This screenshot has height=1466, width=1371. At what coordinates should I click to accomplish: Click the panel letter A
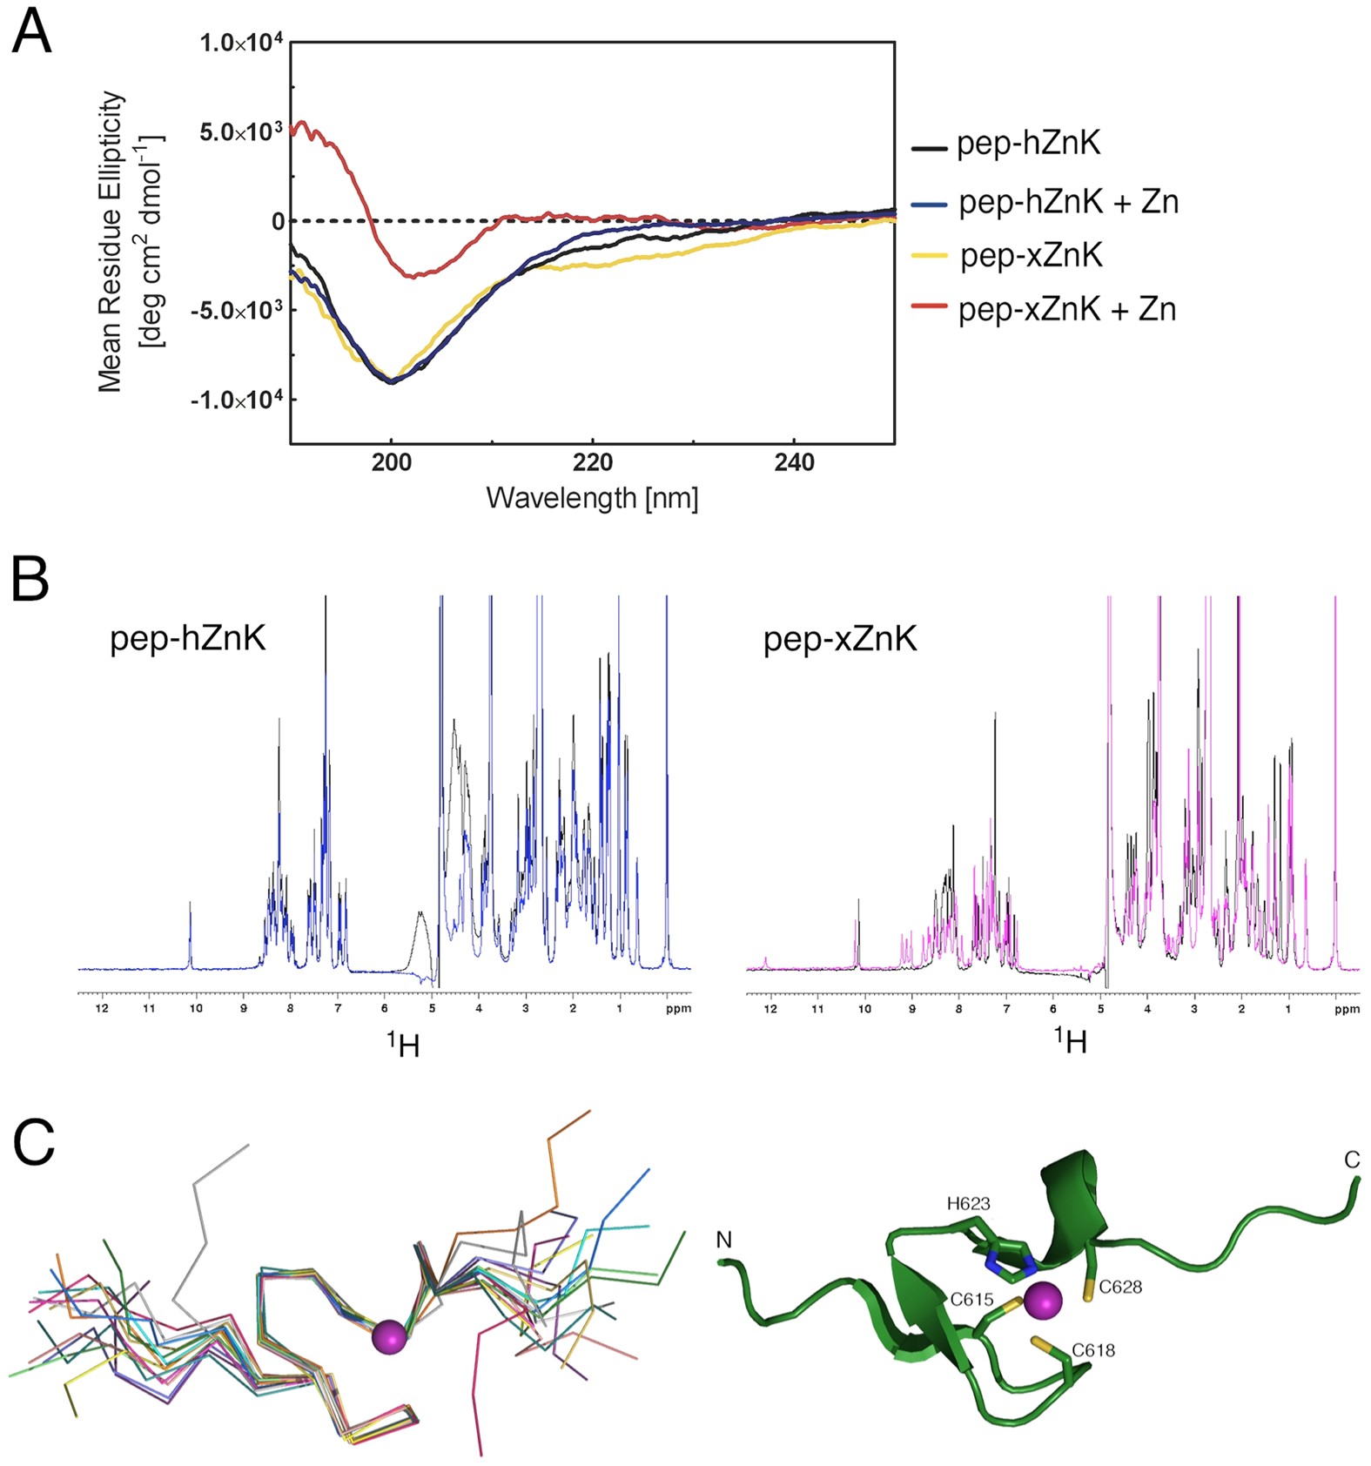point(31,33)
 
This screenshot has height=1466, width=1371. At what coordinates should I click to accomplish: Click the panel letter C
point(34,1142)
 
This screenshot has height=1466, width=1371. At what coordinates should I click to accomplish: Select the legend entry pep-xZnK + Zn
point(1066,309)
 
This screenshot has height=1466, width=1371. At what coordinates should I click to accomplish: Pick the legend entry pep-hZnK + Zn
point(1068,202)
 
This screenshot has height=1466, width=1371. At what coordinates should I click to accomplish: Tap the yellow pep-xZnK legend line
point(929,256)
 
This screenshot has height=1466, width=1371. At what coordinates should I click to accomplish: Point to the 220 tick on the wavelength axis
point(593,462)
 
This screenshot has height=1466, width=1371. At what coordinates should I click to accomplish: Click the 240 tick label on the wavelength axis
point(794,462)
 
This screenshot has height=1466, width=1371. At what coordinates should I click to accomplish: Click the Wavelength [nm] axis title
point(592,498)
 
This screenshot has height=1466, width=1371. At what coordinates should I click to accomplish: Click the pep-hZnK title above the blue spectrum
point(187,639)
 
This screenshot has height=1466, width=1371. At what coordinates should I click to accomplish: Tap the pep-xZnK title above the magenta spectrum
point(840,639)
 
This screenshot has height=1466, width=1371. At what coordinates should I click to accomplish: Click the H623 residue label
point(969,1204)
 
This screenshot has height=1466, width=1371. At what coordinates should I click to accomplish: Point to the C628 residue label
point(1120,1287)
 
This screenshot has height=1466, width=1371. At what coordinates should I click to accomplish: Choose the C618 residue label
point(1093,1350)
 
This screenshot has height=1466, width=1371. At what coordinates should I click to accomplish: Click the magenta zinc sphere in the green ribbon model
point(1043,1302)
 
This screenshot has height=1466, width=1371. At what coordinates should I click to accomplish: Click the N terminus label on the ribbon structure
point(724,1239)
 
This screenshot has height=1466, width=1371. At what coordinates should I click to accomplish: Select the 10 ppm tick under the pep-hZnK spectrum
point(196,1008)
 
